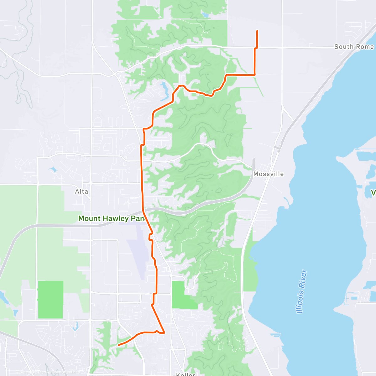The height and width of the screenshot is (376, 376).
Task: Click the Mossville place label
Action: coord(269,174)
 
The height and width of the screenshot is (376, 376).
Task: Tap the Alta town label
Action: coord(81,191)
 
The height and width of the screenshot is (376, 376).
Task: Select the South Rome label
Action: coord(354,47)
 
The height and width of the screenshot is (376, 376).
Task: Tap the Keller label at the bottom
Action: coord(185,374)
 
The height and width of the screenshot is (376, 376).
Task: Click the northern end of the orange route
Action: coord(257,31)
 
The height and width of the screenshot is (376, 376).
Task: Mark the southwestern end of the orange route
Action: coord(118,345)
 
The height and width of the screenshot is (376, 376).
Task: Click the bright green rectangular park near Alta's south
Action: coord(50,300)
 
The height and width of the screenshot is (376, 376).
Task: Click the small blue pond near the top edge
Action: coord(206,14)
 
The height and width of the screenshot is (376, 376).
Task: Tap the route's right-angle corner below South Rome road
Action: coord(254,75)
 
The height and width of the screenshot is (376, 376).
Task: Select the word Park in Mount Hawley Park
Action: coord(139,218)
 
